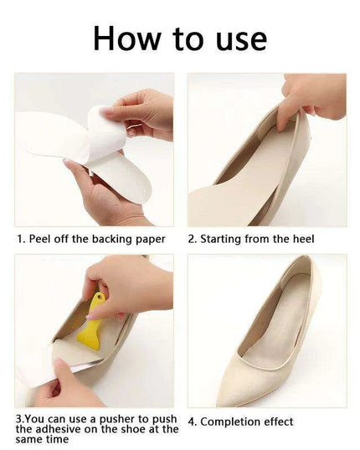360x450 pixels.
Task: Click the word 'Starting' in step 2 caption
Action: [x=225, y=239]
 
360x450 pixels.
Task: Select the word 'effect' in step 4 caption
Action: [x=294, y=422]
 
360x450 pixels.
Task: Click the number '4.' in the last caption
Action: [x=193, y=422]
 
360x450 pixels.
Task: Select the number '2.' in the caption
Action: [x=193, y=239]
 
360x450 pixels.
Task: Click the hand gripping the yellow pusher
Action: [x=126, y=285]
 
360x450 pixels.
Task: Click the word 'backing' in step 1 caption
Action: [x=107, y=239]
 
